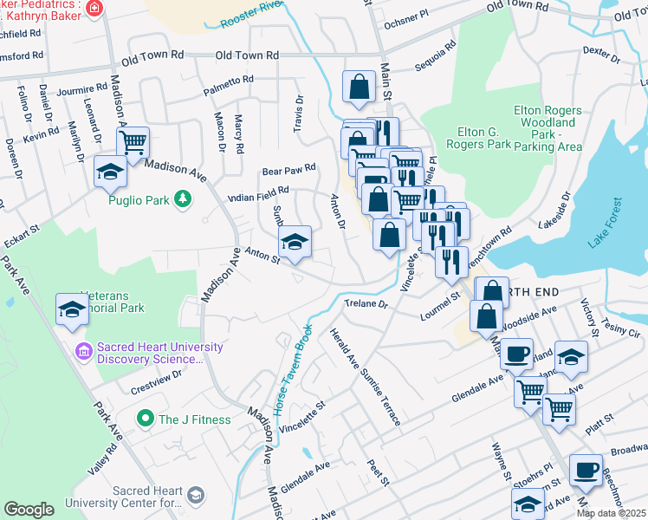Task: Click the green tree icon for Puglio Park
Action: point(183,199)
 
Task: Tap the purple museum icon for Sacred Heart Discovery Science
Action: point(83,353)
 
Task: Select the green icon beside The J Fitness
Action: point(146,419)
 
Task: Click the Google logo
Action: point(29,510)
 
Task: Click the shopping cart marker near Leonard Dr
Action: point(133,144)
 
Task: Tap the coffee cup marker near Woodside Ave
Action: point(517,354)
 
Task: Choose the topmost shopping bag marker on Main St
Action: point(359,88)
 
